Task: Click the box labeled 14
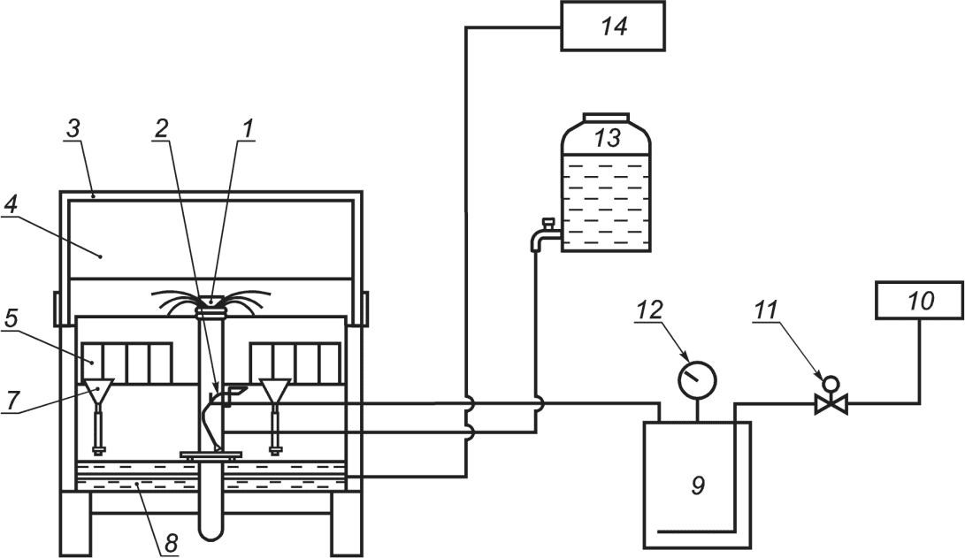[613, 26]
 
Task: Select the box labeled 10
[920, 301]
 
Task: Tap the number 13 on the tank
[607, 138]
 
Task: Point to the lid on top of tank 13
[606, 118]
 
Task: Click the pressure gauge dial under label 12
[697, 379]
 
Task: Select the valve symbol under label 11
[831, 397]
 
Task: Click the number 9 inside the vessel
[697, 486]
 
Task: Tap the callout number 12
[650, 309]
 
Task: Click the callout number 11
[766, 310]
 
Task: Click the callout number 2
[161, 128]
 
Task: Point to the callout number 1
[247, 128]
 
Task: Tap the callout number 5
[11, 318]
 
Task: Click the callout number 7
[11, 400]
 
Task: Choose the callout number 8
[171, 543]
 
